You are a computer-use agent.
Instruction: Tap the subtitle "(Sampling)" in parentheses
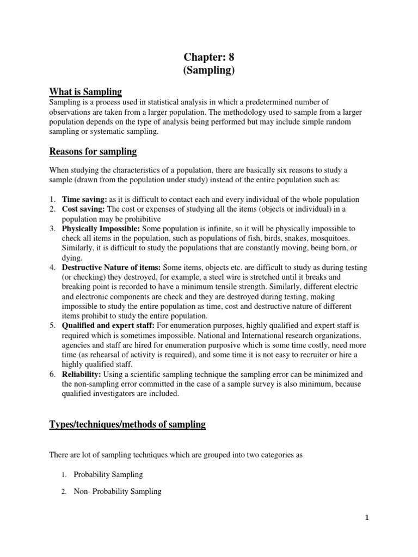click(x=208, y=71)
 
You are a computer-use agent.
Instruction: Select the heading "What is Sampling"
click(x=85, y=91)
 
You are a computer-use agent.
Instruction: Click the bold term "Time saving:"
click(x=84, y=200)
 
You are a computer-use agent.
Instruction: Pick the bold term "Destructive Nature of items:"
click(x=112, y=268)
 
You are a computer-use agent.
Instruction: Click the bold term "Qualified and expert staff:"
click(x=108, y=326)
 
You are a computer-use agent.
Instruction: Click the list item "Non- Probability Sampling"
click(x=118, y=491)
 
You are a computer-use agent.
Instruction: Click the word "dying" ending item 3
click(x=72, y=258)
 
